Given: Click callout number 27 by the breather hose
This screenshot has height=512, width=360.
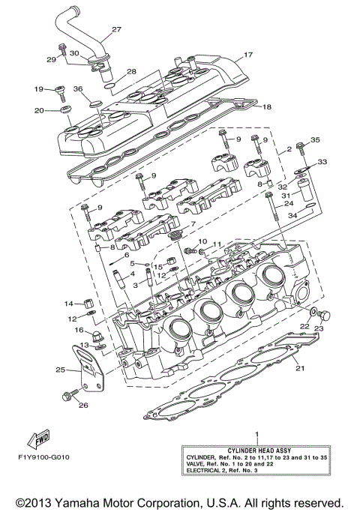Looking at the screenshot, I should pos(116,30).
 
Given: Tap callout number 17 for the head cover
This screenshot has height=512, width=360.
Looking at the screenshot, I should pos(247,55).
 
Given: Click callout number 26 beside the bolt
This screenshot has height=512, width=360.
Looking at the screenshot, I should pos(83,406).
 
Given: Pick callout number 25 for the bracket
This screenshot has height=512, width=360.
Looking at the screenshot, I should pos(60,370).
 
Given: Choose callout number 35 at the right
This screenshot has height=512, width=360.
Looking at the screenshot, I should pos(315,140).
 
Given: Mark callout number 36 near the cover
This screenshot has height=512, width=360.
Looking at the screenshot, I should pos(77,89).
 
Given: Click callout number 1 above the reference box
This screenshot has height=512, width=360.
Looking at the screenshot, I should pos(256,434).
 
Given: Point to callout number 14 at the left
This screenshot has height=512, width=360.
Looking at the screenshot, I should pos(67,304).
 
